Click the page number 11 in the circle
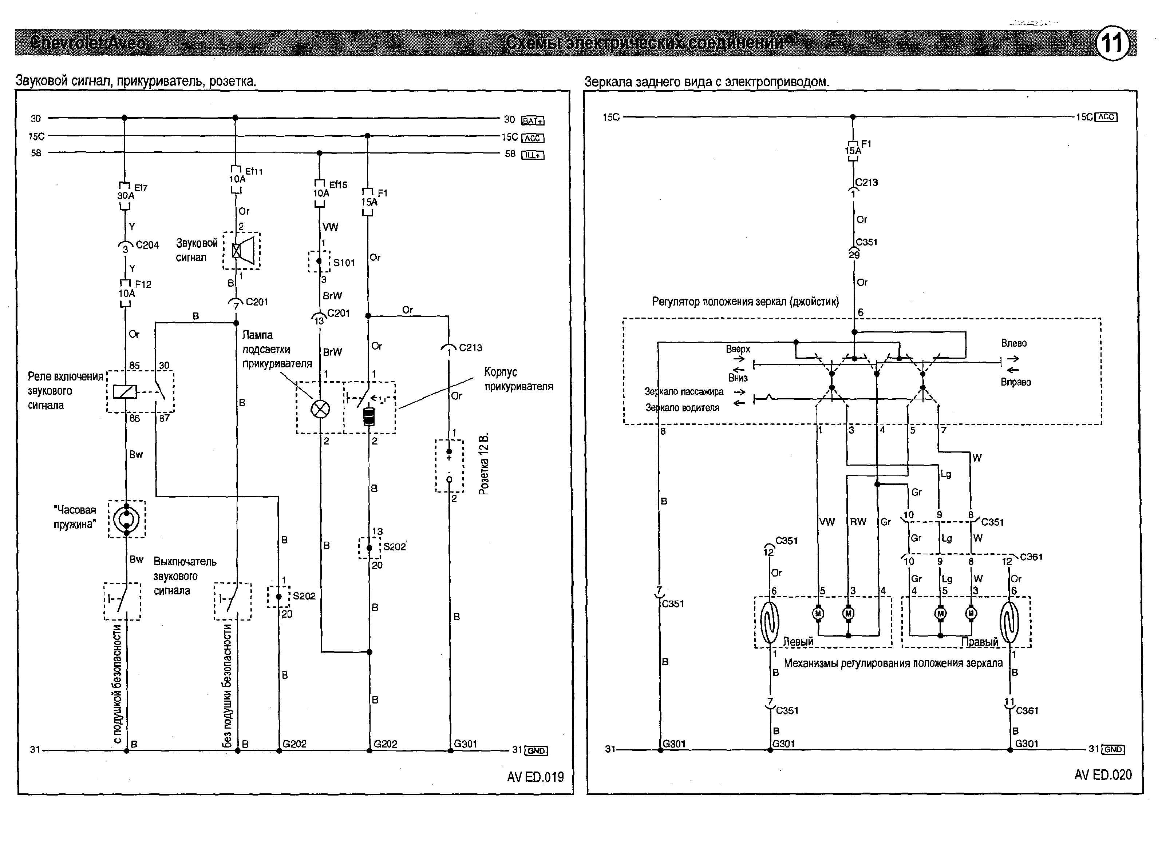(x=1112, y=43)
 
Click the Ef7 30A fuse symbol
(x=125, y=196)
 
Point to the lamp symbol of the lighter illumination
(x=320, y=408)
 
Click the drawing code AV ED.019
(x=535, y=777)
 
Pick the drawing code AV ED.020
(x=1103, y=775)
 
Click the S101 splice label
(x=344, y=263)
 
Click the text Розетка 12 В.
(x=484, y=465)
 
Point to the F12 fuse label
(x=143, y=284)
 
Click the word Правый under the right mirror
(x=979, y=642)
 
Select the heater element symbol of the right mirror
(x=1009, y=622)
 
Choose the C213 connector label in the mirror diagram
(x=866, y=183)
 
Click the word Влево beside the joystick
(x=1013, y=343)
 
